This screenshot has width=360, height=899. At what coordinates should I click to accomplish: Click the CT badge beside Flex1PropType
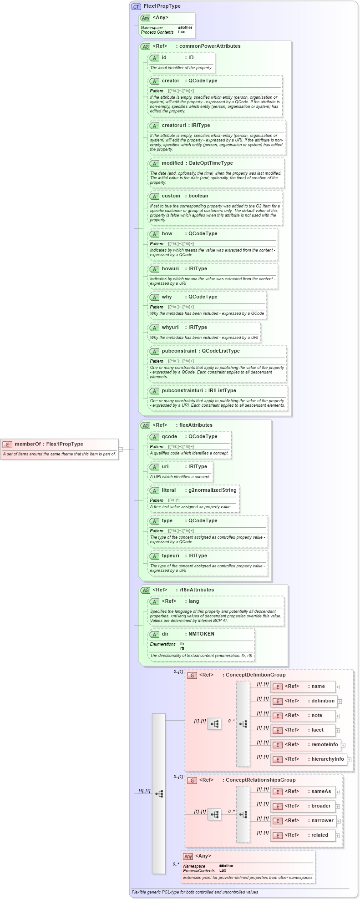pyautogui.click(x=136, y=6)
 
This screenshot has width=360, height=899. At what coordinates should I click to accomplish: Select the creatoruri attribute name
pyautogui.click(x=173, y=125)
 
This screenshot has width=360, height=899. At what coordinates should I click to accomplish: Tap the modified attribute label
pyautogui.click(x=172, y=163)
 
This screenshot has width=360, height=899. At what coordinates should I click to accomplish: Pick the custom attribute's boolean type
pyautogui.click(x=198, y=196)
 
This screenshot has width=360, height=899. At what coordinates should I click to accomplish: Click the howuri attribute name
pyautogui.click(x=170, y=268)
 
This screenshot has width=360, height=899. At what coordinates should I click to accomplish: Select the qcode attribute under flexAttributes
pyautogui.click(x=169, y=436)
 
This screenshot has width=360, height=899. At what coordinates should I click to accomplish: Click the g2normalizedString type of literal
pyautogui.click(x=213, y=490)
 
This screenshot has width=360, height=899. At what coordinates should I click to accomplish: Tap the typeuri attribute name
pyautogui.click(x=171, y=556)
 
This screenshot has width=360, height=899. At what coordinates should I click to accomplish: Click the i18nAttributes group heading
pyautogui.click(x=196, y=590)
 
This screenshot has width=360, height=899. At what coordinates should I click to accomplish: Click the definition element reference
pyautogui.click(x=323, y=701)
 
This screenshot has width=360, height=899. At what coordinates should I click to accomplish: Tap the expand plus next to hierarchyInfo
pyautogui.click(x=349, y=759)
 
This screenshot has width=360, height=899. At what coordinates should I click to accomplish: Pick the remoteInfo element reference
pyautogui.click(x=325, y=744)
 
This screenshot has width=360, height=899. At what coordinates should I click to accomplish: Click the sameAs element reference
pyautogui.click(x=321, y=791)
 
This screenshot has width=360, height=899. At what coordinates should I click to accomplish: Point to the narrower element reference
pyautogui.click(x=322, y=820)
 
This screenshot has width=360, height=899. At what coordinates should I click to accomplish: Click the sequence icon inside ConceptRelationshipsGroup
pyautogui.click(x=214, y=814)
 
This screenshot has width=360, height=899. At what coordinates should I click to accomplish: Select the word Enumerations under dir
pyautogui.click(x=162, y=644)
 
